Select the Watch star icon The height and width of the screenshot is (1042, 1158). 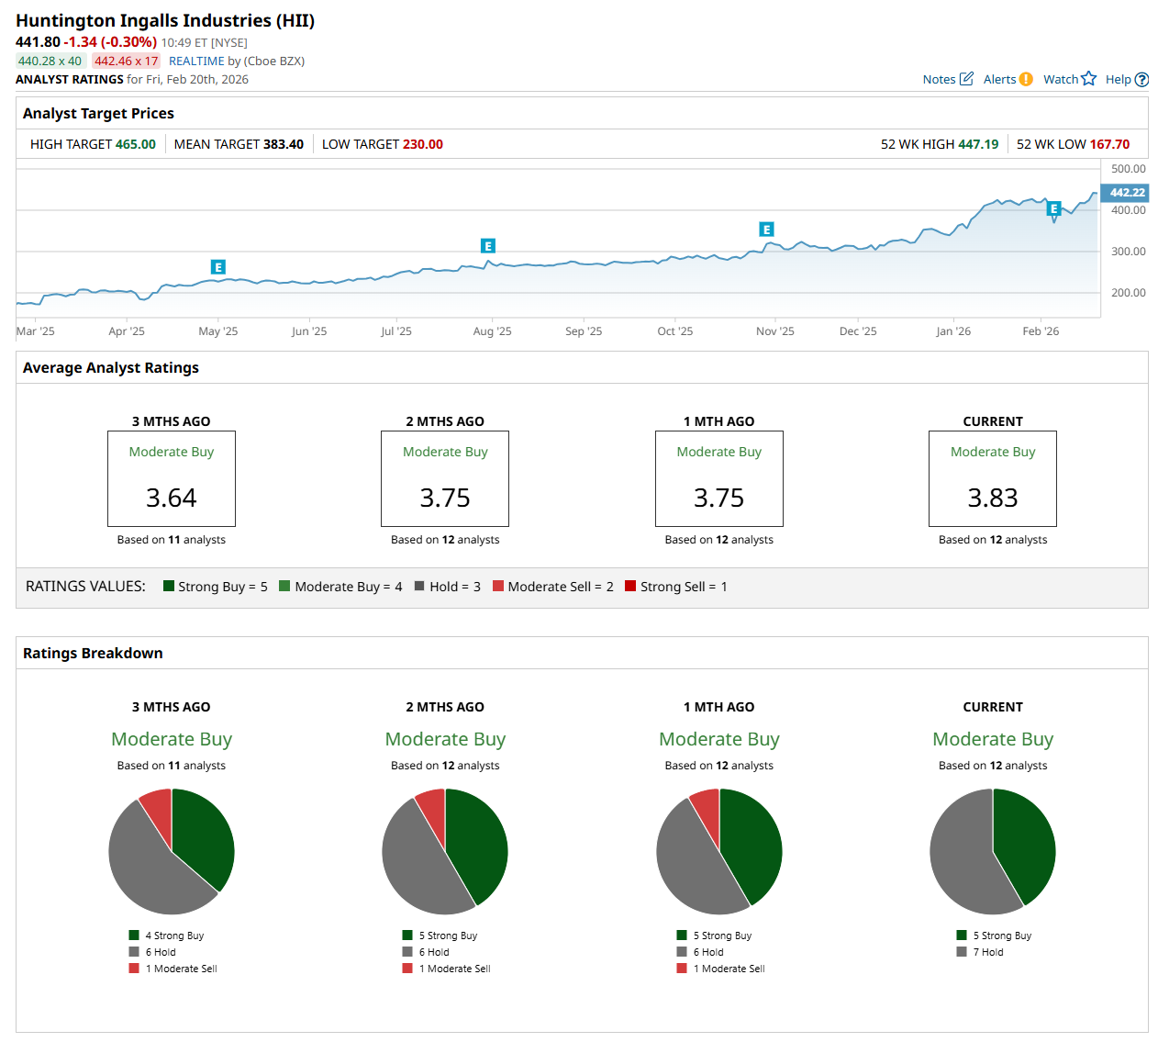pyautogui.click(x=1088, y=78)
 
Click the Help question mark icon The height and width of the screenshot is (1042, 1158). pyautogui.click(x=1141, y=80)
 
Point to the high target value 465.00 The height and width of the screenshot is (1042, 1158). pyautogui.click(x=135, y=144)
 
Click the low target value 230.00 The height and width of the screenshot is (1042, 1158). pyautogui.click(x=422, y=144)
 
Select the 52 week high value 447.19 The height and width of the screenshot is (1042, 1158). pyautogui.click(x=978, y=144)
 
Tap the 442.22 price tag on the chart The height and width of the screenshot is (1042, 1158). pyautogui.click(x=1127, y=193)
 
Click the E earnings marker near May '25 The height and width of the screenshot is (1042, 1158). pyautogui.click(x=217, y=267)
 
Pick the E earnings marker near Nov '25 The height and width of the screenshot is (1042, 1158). pyautogui.click(x=766, y=230)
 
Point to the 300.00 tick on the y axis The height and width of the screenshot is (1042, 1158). pyautogui.click(x=1128, y=252)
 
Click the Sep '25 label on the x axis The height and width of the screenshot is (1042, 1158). pyautogui.click(x=584, y=331)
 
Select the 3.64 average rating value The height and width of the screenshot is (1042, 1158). pyautogui.click(x=172, y=498)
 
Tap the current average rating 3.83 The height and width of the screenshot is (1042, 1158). pyautogui.click(x=993, y=498)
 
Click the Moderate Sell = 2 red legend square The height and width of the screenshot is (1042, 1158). pyautogui.click(x=498, y=586)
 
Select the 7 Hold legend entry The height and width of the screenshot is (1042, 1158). pyautogui.click(x=987, y=952)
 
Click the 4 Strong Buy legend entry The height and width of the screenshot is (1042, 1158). pyautogui.click(x=173, y=936)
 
